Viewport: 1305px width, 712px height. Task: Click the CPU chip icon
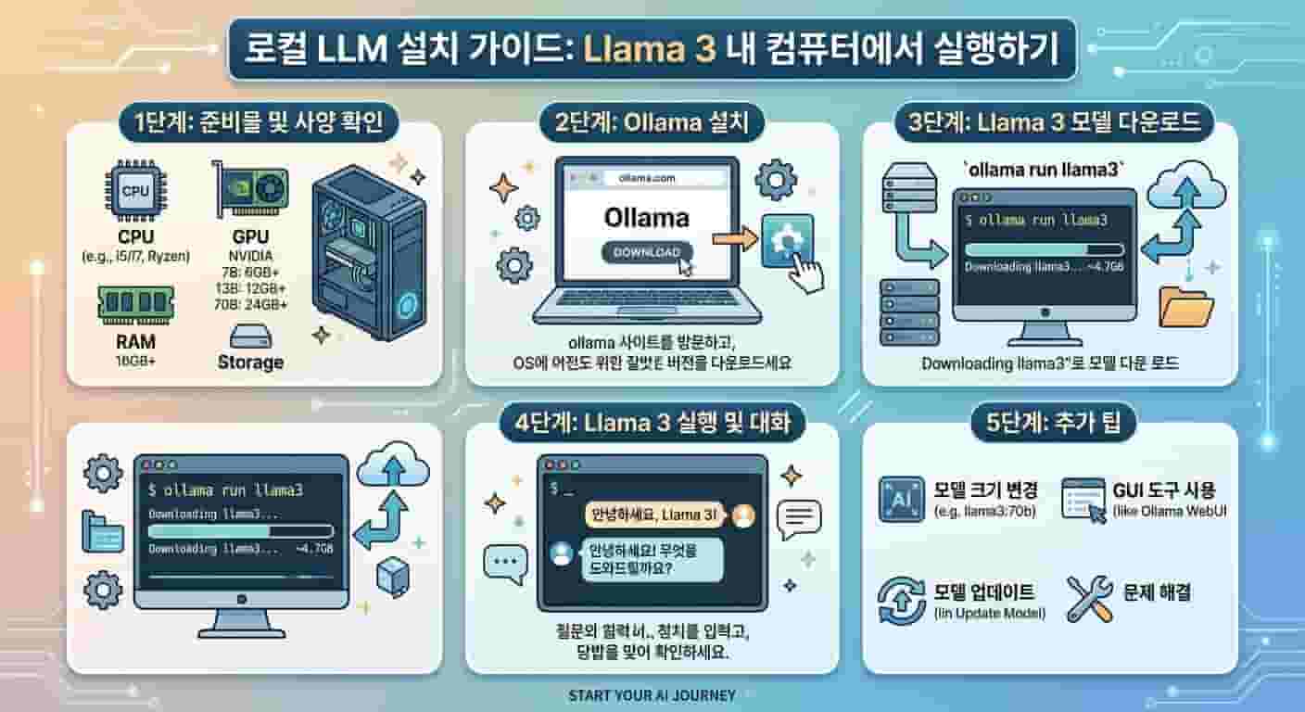(135, 190)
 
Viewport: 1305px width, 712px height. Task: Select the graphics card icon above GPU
(250, 187)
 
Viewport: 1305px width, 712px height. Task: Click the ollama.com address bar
(646, 177)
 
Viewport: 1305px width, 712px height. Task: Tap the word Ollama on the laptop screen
(647, 218)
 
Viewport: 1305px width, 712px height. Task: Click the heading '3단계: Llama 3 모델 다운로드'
(1049, 122)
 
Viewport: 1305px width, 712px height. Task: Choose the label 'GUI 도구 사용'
(1162, 489)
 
